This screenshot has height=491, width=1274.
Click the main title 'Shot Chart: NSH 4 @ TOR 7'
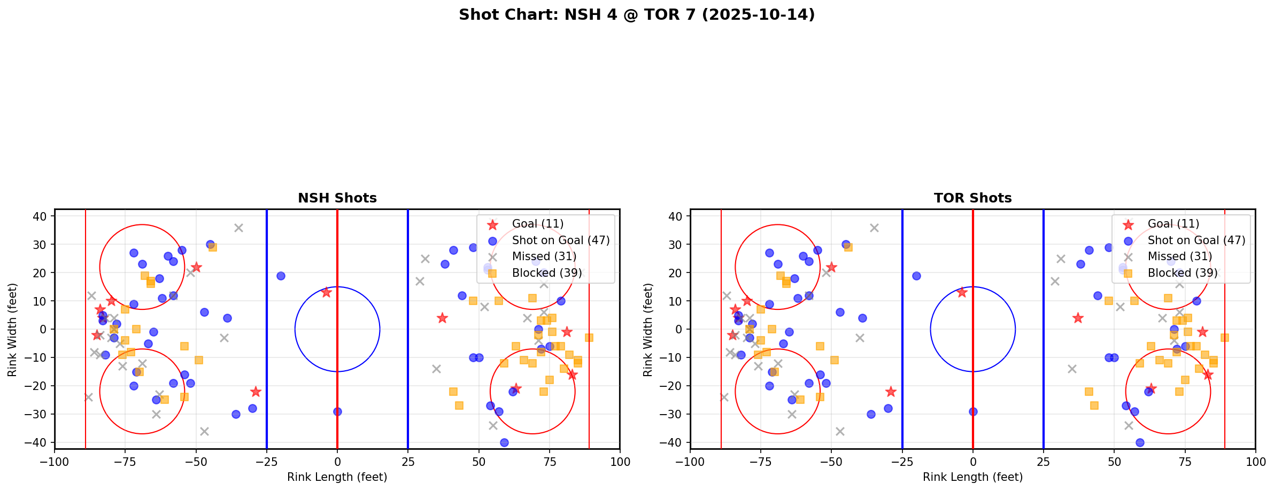(x=637, y=15)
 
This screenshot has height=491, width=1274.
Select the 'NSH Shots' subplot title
(x=337, y=198)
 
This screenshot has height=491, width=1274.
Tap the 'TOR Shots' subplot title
(x=972, y=198)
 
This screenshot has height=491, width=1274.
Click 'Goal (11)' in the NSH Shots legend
(x=537, y=224)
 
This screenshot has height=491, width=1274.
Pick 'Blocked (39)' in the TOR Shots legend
(x=1183, y=273)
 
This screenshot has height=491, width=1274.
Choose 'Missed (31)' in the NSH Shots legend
(x=544, y=256)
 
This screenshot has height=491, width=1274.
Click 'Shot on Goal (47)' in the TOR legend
(x=1196, y=240)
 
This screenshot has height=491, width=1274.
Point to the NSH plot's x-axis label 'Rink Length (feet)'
(x=337, y=477)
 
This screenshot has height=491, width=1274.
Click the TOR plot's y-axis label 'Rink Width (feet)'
(x=648, y=330)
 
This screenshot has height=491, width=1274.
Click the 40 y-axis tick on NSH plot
(x=43, y=216)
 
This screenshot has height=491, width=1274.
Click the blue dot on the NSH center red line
(x=337, y=411)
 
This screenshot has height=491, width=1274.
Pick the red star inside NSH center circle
(x=326, y=292)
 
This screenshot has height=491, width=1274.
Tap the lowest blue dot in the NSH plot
(x=504, y=442)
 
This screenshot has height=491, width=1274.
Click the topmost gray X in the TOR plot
(x=874, y=228)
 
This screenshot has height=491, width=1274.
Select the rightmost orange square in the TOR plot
(x=1224, y=338)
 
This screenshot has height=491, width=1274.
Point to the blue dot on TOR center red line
(x=973, y=411)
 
